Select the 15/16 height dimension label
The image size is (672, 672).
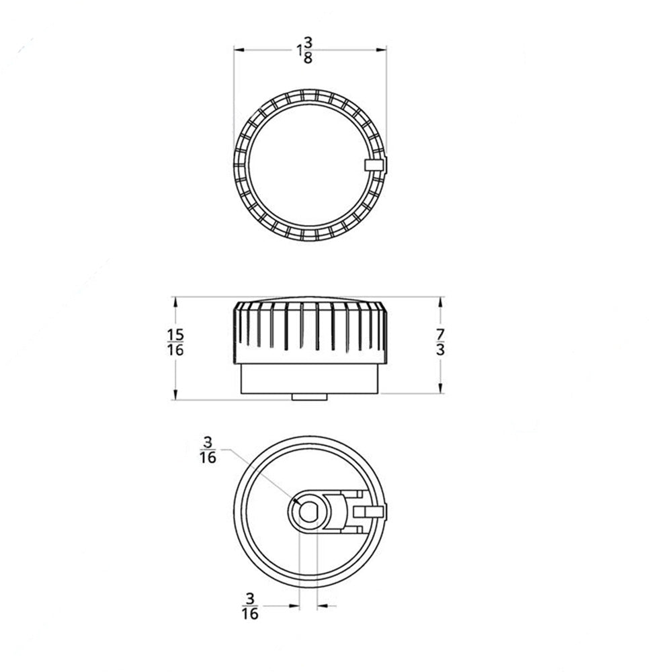(x=175, y=341)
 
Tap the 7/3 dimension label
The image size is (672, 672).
(x=440, y=341)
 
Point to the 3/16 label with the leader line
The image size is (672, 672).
(x=208, y=450)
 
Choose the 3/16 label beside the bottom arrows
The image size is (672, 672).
(x=250, y=605)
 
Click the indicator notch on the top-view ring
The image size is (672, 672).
(x=374, y=165)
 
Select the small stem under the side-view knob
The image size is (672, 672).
(x=310, y=397)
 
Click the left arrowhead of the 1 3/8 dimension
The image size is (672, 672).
(x=238, y=49)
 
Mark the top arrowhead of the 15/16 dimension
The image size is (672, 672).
(x=175, y=302)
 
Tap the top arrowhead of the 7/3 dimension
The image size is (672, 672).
(x=440, y=302)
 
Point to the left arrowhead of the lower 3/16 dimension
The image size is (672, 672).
(x=294, y=605)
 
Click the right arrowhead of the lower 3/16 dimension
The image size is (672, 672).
(x=321, y=605)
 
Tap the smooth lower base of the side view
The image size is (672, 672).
(x=310, y=380)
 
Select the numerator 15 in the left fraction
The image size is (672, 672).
(x=175, y=334)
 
